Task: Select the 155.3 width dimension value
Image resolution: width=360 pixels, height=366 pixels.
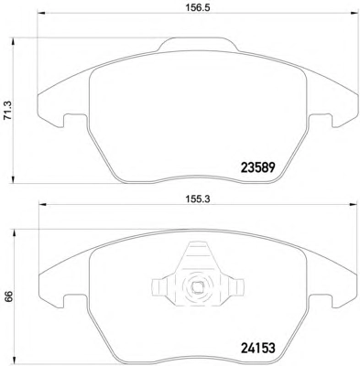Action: tap(198, 199)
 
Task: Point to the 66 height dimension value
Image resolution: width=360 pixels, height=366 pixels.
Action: tap(8, 296)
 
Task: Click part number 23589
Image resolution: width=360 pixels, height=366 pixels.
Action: tap(258, 167)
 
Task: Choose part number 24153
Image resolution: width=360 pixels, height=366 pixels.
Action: tap(258, 348)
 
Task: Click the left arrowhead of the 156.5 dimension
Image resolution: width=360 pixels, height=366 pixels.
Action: tap(41, 13)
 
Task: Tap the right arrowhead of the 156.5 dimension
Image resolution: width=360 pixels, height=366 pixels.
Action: tap(354, 13)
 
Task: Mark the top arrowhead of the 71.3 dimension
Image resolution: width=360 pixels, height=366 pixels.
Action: tap(13, 42)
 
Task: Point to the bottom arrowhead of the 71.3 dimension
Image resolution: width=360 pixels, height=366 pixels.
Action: tap(13, 179)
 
